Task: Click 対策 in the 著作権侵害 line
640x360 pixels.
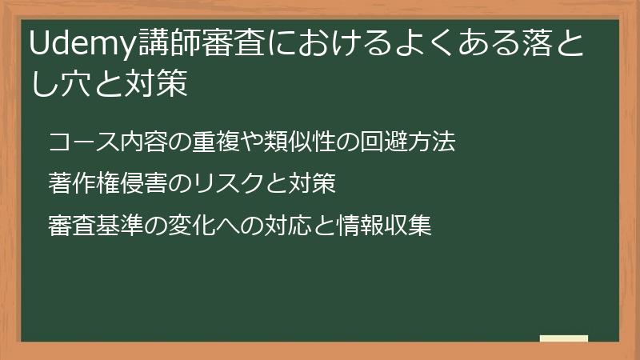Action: coord(310,184)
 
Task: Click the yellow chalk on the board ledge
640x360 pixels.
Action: coord(564,338)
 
